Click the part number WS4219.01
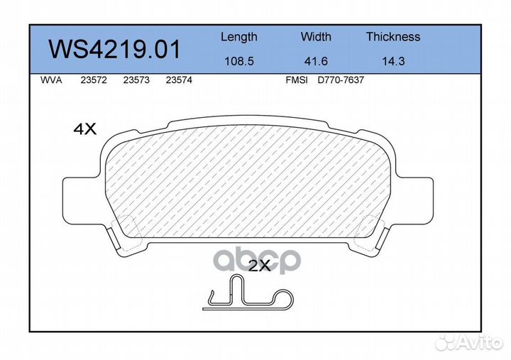tap(114, 50)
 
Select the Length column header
tap(238, 37)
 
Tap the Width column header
tap(316, 37)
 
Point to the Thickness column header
tap(392, 37)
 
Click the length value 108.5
tap(238, 61)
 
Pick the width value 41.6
tap(316, 61)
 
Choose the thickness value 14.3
tap(392, 61)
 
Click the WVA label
tap(50, 81)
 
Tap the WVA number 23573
tap(136, 81)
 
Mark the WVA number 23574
tap(177, 81)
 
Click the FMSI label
tap(296, 81)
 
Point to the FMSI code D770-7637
tap(340, 81)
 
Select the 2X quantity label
tap(259, 266)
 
